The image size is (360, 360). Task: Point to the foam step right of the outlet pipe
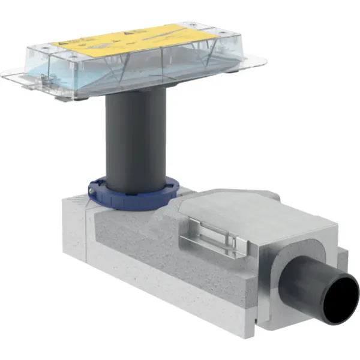coord(342,261)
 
